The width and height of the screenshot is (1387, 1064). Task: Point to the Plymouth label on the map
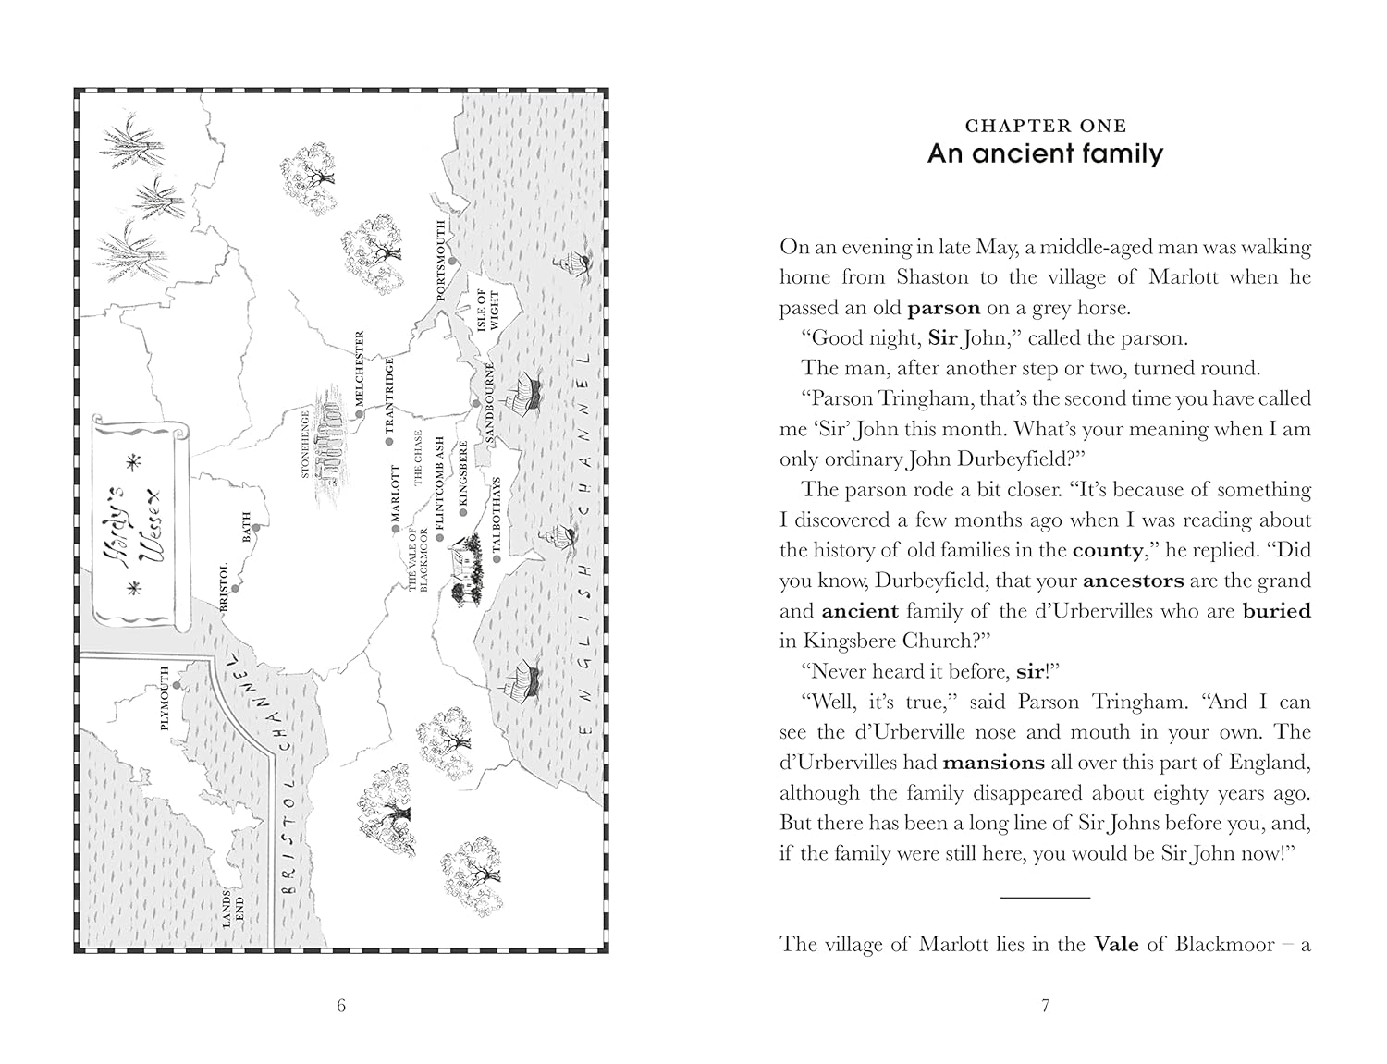tap(166, 698)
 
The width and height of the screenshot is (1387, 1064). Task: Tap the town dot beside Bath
tap(256, 528)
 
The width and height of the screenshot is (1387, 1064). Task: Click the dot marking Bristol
tap(236, 588)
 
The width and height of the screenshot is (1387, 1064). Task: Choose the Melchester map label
tap(361, 366)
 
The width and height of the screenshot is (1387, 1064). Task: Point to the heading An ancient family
tap(1045, 153)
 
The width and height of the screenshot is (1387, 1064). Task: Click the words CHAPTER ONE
tap(1045, 126)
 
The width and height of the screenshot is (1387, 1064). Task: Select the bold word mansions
tap(993, 763)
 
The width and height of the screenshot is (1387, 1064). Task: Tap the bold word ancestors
tap(1133, 581)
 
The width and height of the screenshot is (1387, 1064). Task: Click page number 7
tap(1045, 1006)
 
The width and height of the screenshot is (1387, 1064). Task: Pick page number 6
tap(341, 1006)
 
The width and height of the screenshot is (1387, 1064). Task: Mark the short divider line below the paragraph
tap(1045, 897)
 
